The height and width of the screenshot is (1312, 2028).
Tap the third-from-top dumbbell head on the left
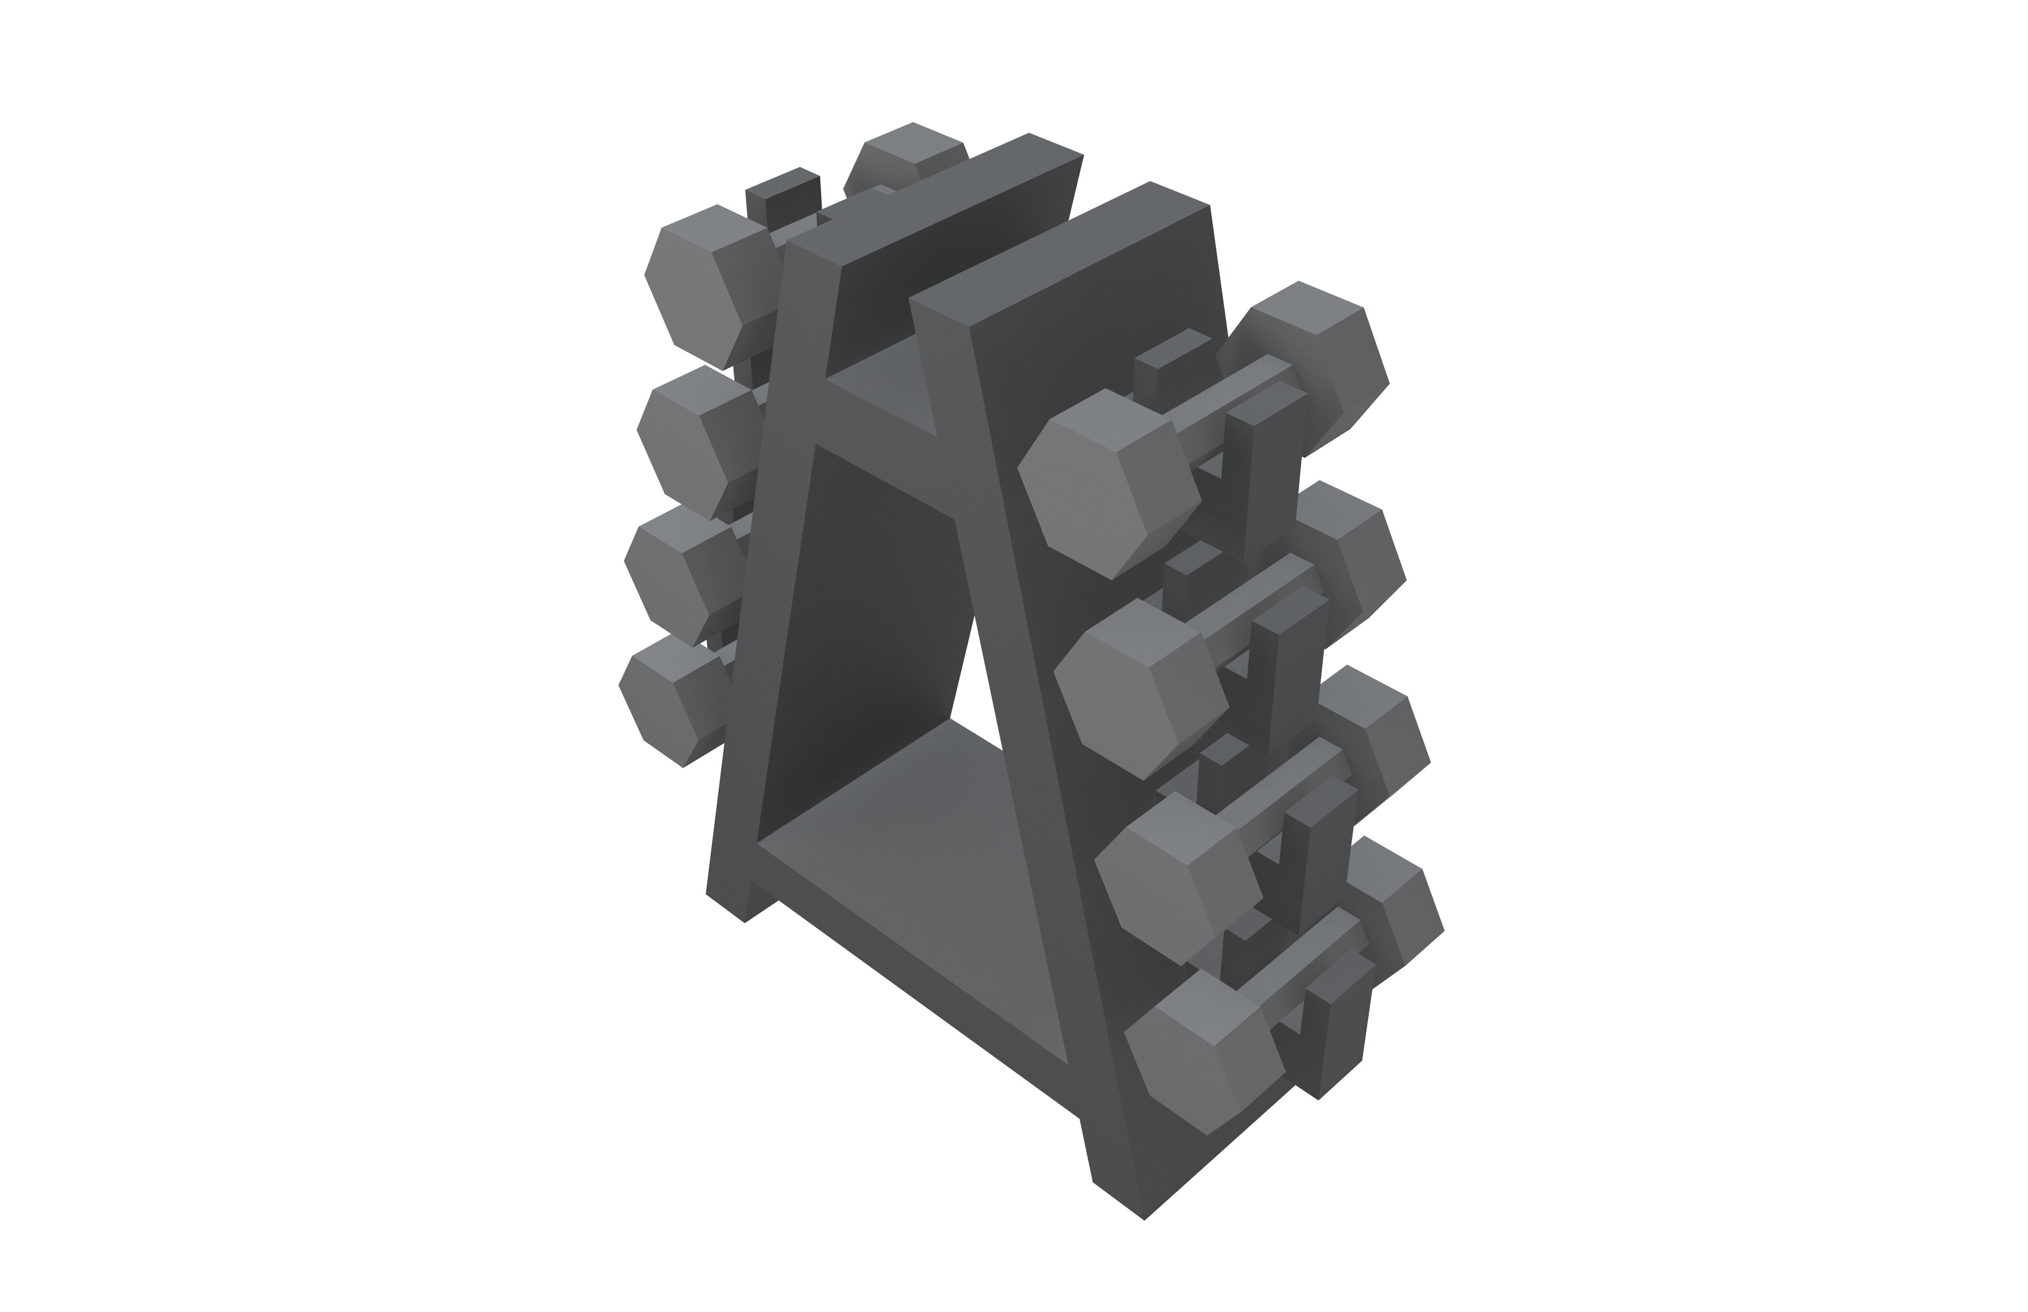click(x=682, y=579)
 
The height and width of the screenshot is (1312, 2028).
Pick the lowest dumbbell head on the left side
click(x=673, y=707)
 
